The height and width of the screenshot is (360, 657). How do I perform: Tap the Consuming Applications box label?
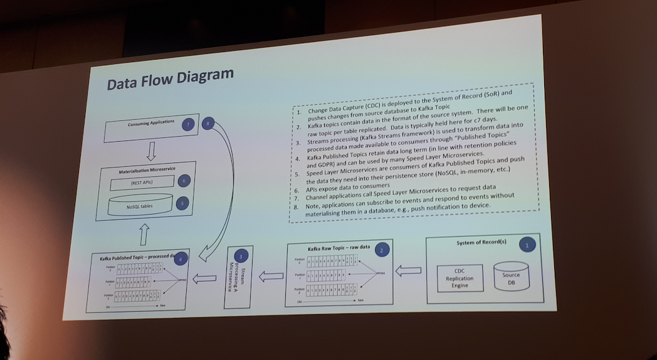[x=151, y=124]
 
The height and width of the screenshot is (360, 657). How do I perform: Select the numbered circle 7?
[x=187, y=124]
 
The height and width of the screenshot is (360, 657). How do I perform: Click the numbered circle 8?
[x=208, y=124]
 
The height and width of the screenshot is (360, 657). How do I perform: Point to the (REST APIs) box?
[x=142, y=183]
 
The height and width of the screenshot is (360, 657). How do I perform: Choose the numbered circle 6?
[x=183, y=181]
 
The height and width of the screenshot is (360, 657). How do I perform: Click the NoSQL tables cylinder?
[x=140, y=204]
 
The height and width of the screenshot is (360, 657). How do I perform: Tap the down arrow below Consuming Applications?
[x=150, y=151]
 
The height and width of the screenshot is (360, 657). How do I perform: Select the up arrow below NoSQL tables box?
[x=144, y=235]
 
